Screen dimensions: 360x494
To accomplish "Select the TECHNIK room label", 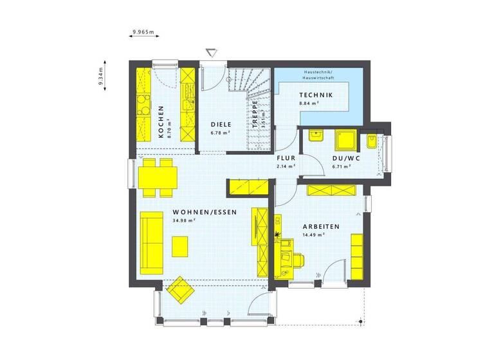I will [316, 95].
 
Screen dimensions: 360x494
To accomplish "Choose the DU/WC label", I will [341, 158].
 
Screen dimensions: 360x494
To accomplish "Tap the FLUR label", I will [286, 158].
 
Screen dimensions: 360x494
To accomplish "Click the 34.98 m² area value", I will [184, 221].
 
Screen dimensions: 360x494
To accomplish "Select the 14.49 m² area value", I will [313, 235].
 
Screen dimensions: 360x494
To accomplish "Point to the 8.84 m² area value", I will [309, 103].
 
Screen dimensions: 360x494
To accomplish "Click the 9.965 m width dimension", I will [143, 31].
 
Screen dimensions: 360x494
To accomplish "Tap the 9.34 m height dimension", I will [102, 76].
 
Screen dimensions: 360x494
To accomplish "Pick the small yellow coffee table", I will [180, 246].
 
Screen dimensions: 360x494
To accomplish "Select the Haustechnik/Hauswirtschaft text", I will [315, 76].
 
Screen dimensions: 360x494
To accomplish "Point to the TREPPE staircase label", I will [255, 116].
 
